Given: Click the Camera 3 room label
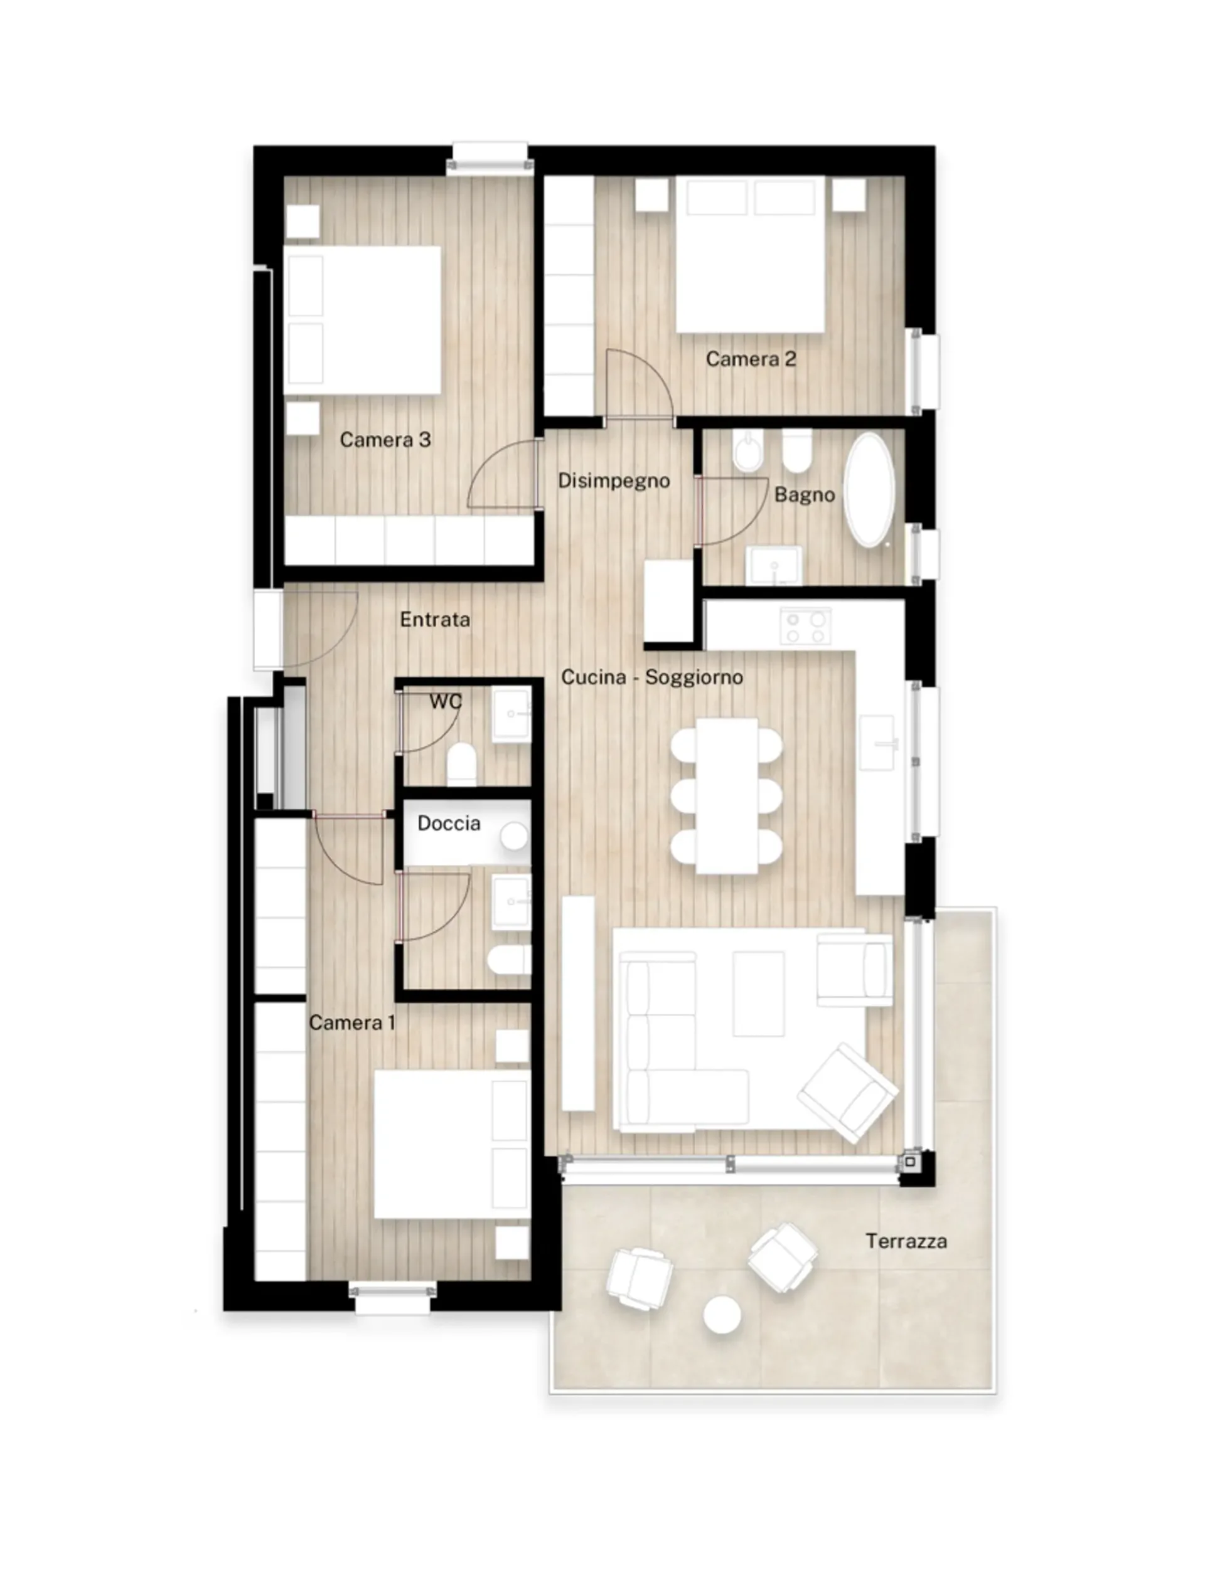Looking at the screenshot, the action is point(385,440).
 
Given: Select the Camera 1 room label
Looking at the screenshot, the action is point(352,1022).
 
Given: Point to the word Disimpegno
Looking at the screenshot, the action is point(614,481).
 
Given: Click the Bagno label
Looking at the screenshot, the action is point(805,495).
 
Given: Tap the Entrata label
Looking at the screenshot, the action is point(435,619).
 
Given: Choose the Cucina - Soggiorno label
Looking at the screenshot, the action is point(652,677).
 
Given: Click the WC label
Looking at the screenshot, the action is point(446,701).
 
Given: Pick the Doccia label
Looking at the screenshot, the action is point(449,823).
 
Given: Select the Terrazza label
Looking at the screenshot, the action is point(906,1241).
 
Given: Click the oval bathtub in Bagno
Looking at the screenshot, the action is point(869,490).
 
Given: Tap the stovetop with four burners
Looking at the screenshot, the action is point(805,626).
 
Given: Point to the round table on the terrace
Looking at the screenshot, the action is point(722,1315).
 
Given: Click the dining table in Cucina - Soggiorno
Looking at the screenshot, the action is point(727,796).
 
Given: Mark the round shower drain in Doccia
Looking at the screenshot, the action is point(514,836).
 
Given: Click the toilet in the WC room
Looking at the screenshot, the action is point(462,763).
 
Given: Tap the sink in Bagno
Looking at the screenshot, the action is point(774,566).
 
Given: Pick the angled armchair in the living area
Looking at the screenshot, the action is point(848,1093).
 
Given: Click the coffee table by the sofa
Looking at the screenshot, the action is point(758,994).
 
